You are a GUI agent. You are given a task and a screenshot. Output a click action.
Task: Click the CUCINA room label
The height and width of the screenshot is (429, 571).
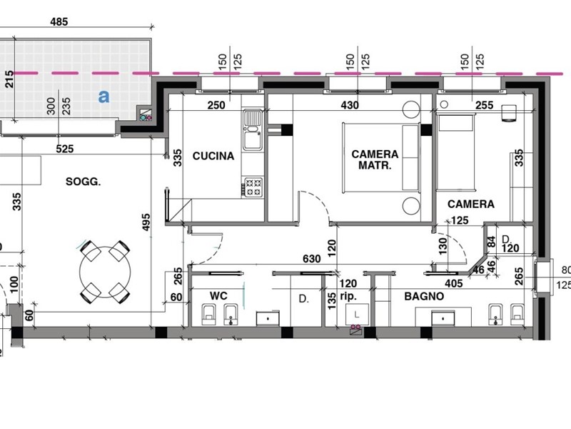tap(213, 156)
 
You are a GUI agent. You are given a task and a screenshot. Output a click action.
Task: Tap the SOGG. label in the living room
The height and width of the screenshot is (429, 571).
tap(83, 182)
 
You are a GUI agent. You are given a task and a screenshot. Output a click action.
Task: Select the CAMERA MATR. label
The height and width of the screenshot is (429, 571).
tap(375, 159)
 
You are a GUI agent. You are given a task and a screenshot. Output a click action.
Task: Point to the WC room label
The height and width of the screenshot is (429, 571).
tap(218, 295)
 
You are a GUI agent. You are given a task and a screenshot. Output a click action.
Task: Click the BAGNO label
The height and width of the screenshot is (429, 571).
tap(424, 296)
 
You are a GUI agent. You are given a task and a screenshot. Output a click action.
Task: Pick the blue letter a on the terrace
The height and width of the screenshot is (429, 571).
tap(103, 97)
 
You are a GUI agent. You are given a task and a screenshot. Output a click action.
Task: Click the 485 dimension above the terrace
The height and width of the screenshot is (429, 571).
tap(59, 22)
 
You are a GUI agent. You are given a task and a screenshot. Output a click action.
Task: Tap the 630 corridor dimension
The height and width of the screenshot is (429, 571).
tap(312, 259)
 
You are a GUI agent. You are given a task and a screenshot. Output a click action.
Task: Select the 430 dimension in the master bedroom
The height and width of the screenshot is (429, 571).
tap(350, 105)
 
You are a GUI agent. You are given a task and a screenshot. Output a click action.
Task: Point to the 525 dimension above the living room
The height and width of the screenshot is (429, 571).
tap(65, 149)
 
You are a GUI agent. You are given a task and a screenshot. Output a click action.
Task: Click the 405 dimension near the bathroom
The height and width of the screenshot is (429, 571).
tap(454, 283)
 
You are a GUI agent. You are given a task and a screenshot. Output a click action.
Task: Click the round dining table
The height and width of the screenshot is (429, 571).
tap(105, 272)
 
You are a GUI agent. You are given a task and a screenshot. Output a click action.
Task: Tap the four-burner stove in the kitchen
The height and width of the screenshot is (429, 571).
tap(253, 187)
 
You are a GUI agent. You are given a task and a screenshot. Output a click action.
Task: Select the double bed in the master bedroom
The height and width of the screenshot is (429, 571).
tap(381, 157)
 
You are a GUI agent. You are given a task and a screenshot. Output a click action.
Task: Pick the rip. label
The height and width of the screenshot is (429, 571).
tap(348, 296)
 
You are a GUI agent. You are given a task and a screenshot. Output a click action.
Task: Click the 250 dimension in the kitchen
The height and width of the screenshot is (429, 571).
tap(216, 105)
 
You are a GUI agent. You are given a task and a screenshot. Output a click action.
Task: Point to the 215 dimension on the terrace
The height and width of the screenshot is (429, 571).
tap(9, 79)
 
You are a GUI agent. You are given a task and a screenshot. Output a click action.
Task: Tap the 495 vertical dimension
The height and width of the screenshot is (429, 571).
tap(146, 222)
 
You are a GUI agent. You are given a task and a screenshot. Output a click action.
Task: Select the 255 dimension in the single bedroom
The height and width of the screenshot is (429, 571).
tap(485, 105)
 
